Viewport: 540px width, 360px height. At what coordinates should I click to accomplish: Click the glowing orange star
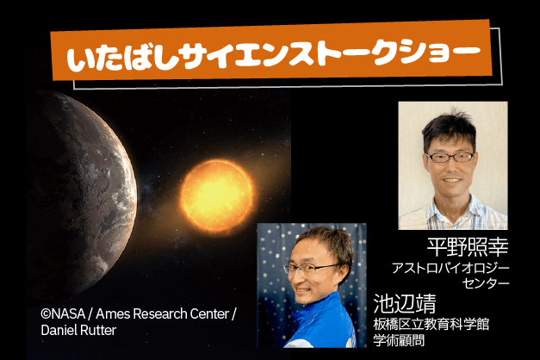coord(217,196)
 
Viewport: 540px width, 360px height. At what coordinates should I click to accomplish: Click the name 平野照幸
coord(468,246)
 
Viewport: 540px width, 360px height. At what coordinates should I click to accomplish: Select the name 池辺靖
coord(405,303)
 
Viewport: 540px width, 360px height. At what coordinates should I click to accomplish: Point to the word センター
coord(486,283)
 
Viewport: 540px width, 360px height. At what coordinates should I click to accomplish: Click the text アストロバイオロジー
coord(450,268)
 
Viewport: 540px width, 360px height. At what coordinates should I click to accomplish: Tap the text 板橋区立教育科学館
coord(431,324)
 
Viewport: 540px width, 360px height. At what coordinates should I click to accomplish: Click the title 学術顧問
coord(399,340)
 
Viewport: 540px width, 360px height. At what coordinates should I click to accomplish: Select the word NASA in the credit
coord(68,313)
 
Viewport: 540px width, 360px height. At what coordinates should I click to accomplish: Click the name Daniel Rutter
coord(78,330)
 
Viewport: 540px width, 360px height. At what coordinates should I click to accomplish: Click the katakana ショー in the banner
coord(441,53)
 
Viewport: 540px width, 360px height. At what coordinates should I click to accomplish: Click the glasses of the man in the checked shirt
coord(450,158)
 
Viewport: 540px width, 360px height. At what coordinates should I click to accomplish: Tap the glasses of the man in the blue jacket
coord(310,269)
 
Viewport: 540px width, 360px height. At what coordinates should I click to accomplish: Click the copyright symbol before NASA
coord(46,313)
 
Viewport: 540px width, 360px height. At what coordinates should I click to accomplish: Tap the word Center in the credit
coord(209,313)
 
